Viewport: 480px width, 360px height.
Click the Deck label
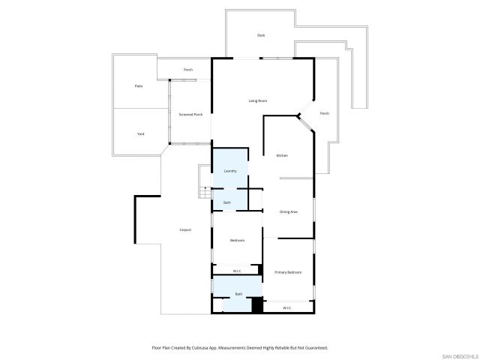[261, 35]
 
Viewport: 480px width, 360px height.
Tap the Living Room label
[258, 100]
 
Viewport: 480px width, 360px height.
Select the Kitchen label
[282, 155]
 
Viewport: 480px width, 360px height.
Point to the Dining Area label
[289, 212]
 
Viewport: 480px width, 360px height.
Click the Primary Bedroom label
[288, 272]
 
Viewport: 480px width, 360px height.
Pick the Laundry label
[230, 171]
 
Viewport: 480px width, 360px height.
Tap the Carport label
[185, 229]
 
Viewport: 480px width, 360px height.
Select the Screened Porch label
[190, 115]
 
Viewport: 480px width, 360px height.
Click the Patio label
[139, 86]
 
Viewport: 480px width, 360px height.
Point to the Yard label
[140, 134]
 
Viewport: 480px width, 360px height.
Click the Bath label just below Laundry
[227, 202]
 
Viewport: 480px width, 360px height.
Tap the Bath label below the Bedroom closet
[238, 294]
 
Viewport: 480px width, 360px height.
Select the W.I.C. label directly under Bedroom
[236, 271]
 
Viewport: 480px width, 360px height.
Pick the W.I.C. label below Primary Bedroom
[287, 308]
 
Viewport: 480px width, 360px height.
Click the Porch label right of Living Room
[324, 113]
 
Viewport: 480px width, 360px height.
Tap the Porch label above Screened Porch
[188, 70]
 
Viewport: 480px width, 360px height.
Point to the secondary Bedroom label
[237, 240]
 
